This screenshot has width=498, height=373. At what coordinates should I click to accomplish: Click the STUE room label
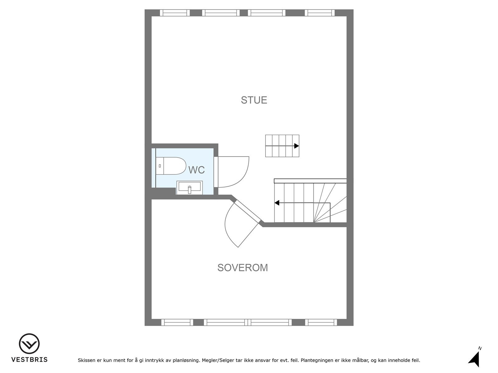[x=254, y=100]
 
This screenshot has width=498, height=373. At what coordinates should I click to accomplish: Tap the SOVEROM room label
[x=242, y=268]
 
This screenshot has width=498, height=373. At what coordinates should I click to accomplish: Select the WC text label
[x=196, y=170]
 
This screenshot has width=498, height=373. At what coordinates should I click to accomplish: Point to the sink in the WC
[x=190, y=187]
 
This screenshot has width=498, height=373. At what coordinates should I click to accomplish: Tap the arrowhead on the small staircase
[x=296, y=146]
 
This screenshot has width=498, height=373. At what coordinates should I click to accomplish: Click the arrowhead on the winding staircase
[x=277, y=203]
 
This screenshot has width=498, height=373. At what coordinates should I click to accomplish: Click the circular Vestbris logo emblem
[x=29, y=344]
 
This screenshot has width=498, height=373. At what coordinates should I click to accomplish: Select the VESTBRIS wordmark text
[x=29, y=360]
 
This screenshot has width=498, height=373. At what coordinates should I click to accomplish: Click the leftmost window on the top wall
[x=175, y=13]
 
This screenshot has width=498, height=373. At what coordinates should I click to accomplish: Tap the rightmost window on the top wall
[x=319, y=13]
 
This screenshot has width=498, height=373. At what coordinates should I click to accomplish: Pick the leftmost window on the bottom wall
[x=177, y=322]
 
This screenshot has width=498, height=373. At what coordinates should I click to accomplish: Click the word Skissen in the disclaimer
[x=87, y=361]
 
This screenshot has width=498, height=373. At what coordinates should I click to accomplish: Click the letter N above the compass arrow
[x=480, y=348]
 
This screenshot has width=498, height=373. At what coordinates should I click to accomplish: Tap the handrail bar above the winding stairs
[x=310, y=181]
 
